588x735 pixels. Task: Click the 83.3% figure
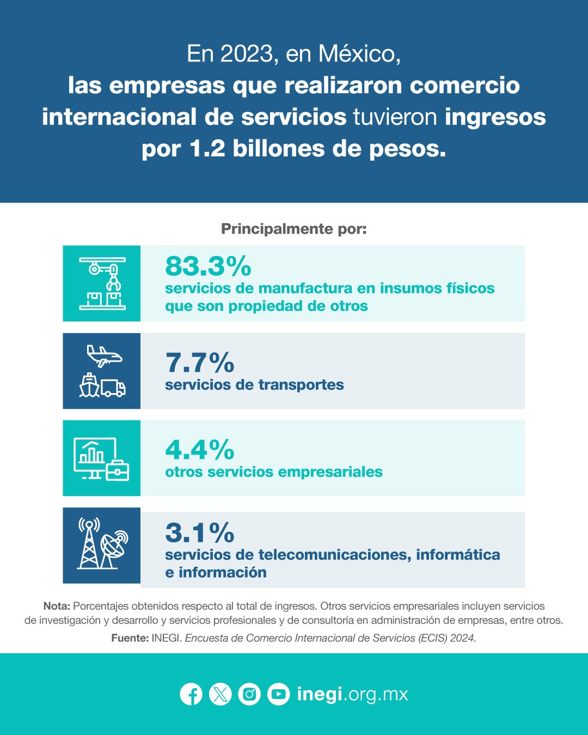point(208,266)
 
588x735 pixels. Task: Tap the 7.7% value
point(200,363)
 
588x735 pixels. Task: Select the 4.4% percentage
point(200,450)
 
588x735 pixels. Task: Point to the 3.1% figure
point(200,533)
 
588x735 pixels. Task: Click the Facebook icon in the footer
point(191,694)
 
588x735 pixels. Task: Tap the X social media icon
point(220,694)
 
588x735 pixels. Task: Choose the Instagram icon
point(249,694)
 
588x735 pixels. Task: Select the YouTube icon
point(278,694)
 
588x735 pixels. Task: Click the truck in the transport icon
point(113,388)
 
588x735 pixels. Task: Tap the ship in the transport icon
point(89,385)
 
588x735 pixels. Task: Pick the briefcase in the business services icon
point(117,470)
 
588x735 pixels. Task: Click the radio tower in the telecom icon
point(89,543)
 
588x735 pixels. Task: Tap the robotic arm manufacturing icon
point(102,284)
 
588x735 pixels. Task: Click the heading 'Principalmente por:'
point(294,229)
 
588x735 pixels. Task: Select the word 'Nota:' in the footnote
point(57,606)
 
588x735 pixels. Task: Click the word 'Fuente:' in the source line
point(130,638)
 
